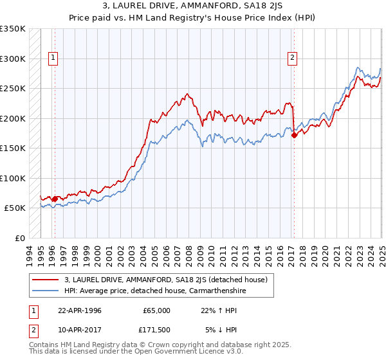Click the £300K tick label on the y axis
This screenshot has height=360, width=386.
[12, 59]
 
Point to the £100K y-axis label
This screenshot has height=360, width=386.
[12, 178]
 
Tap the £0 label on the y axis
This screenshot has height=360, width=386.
[19, 238]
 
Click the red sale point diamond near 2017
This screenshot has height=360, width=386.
[294, 135]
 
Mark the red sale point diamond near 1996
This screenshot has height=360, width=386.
[55, 199]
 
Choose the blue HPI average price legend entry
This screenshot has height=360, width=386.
[155, 291]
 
